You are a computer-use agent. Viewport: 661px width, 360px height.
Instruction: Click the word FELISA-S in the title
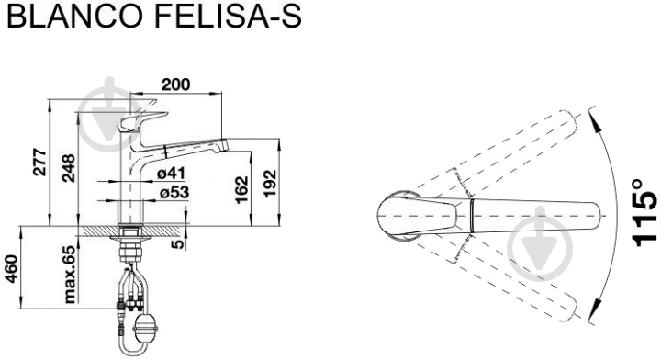pyautogui.click(x=229, y=16)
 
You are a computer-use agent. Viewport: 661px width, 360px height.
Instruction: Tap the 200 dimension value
pyautogui.click(x=175, y=84)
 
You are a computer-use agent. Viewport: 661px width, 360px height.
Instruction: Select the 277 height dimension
pyautogui.click(x=40, y=163)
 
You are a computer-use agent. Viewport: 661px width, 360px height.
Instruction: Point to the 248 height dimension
pyautogui.click(x=68, y=169)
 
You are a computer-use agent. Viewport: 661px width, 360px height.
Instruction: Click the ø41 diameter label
pyautogui.click(x=171, y=173)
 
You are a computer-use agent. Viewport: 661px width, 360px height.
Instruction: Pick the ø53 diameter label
pyautogui.click(x=174, y=192)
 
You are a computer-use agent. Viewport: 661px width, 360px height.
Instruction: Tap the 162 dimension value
pyautogui.click(x=241, y=190)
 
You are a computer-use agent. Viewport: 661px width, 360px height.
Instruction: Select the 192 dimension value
pyautogui.click(x=270, y=184)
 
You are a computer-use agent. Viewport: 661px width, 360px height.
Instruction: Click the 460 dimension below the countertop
pyautogui.click(x=11, y=269)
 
